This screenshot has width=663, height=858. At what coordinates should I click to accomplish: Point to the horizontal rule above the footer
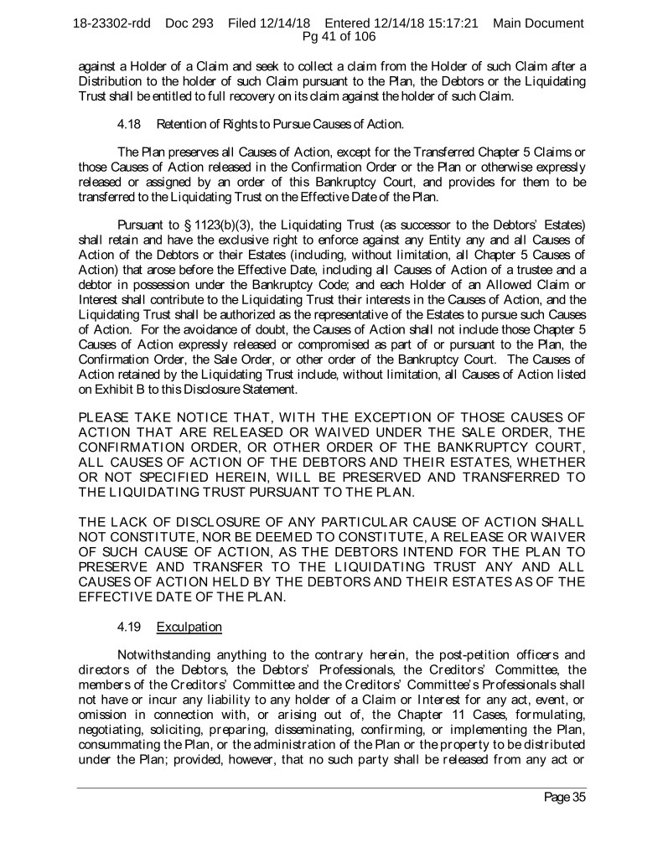tap(331, 788)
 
